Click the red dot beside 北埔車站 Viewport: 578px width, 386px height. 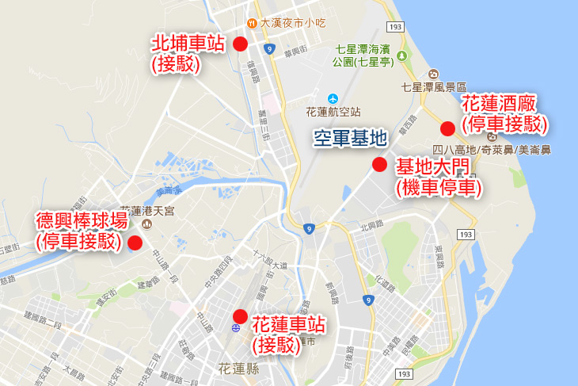click(x=240, y=44)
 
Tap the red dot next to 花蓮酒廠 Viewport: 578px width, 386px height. click(x=448, y=128)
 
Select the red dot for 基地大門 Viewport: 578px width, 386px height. click(x=379, y=165)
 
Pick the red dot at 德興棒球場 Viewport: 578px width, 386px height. click(x=135, y=243)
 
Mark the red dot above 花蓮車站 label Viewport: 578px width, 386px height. click(x=240, y=315)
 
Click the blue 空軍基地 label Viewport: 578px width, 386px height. click(x=349, y=139)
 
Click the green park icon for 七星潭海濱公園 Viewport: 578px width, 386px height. click(x=401, y=55)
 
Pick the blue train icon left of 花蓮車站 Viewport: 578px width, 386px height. click(x=236, y=327)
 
